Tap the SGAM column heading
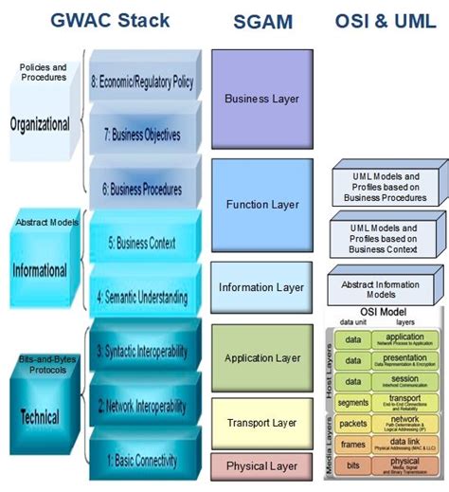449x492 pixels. (x=261, y=22)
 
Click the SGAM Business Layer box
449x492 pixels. (x=261, y=99)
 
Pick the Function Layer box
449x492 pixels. (x=261, y=205)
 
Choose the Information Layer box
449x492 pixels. (x=261, y=287)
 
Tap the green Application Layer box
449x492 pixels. (x=261, y=357)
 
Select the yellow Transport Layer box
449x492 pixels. (x=261, y=422)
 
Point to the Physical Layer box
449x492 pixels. (x=261, y=465)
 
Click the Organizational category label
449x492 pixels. (x=40, y=124)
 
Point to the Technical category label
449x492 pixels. (x=40, y=416)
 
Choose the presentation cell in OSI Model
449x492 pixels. (x=405, y=360)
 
